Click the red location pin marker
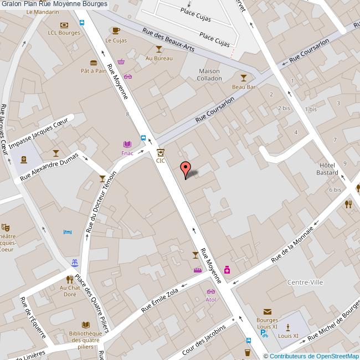coord(186,168)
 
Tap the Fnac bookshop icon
coord(128,143)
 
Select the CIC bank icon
coord(161,152)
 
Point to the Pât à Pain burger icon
coord(94,62)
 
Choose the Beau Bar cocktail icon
coord(243,78)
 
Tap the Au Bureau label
coord(158,58)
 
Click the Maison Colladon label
coord(209,75)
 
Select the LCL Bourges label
coord(64,33)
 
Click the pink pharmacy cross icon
coord(227,270)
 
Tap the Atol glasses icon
coord(210,291)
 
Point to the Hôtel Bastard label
coord(328,169)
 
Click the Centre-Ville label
coord(305,282)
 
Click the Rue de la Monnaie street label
coord(293,244)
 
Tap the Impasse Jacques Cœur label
coord(42,131)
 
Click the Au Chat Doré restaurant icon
coord(70,279)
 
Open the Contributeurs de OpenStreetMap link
coord(313,356)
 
